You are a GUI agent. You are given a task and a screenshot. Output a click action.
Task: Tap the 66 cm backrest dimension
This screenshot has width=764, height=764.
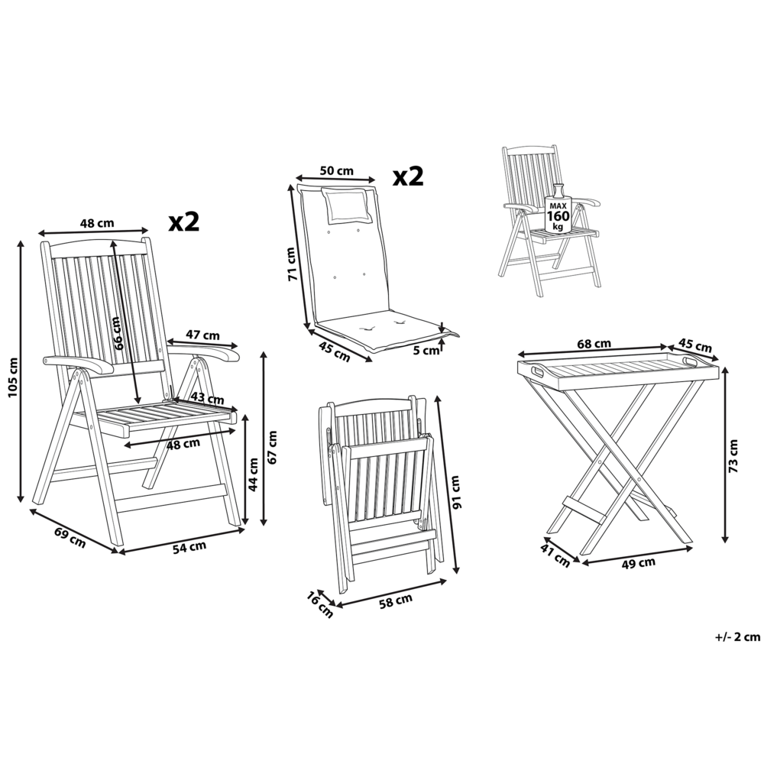tap(118, 332)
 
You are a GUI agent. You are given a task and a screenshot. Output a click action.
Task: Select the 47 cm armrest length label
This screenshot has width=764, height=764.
tap(203, 335)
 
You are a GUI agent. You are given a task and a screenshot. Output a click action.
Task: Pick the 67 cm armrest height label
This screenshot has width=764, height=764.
tap(274, 448)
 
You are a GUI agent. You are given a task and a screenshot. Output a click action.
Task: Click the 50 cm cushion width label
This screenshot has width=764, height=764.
tap(335, 170)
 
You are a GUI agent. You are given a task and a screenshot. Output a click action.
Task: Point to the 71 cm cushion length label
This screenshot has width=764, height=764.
tap(290, 265)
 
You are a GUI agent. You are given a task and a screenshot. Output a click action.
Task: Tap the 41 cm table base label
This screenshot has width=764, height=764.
tap(556, 554)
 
